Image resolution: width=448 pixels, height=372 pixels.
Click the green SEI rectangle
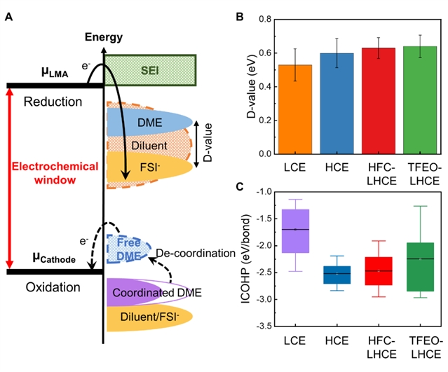coord(150,69)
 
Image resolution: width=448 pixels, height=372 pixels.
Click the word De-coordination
coord(196,252)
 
